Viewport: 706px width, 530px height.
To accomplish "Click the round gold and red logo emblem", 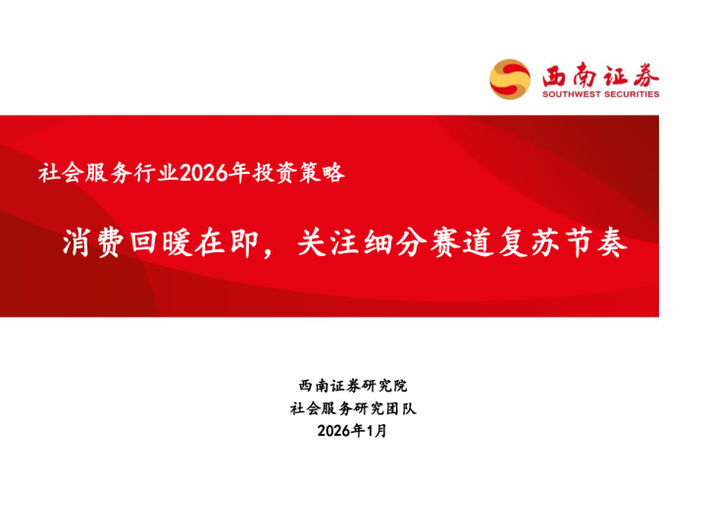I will pos(510,79).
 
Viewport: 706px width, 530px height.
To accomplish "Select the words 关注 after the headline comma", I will pos(330,242).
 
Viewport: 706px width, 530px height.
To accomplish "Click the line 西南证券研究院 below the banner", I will pos(353,386).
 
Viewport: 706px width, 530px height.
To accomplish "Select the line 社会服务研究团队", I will pos(353,408).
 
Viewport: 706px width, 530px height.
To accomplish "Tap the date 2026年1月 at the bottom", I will pos(353,431).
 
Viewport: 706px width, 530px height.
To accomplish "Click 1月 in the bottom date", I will pos(377,431).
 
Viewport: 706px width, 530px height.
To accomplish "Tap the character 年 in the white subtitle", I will pos(233,174).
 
